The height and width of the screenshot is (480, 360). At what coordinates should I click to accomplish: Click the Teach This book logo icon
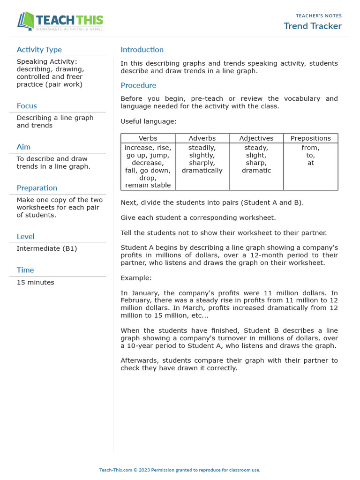[x=25, y=21]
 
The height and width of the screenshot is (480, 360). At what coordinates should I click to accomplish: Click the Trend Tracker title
[x=313, y=26]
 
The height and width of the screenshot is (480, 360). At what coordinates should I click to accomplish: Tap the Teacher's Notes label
[x=319, y=16]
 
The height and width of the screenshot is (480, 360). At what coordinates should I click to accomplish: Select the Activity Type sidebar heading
[x=39, y=50]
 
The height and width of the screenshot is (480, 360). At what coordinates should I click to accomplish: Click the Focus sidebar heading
[x=27, y=106]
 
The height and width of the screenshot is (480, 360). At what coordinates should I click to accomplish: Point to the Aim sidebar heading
[x=23, y=147]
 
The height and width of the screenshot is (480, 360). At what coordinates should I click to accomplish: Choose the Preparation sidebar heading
[x=37, y=188]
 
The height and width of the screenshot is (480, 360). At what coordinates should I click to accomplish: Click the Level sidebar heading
[x=25, y=237]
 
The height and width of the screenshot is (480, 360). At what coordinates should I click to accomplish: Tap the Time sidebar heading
[x=25, y=270]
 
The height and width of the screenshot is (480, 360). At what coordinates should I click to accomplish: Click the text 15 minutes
[x=35, y=282]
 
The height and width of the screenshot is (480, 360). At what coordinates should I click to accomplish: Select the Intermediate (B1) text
[x=46, y=248]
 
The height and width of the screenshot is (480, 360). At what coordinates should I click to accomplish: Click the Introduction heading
[x=142, y=50]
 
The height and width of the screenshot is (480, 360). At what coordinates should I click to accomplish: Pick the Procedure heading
[x=138, y=85]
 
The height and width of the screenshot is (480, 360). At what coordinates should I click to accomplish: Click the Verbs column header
[x=148, y=138]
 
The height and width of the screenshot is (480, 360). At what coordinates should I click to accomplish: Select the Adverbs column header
[x=202, y=138]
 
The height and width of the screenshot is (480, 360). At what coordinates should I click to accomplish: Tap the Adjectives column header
[x=256, y=138]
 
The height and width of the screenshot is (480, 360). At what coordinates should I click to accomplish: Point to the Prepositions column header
[x=310, y=138]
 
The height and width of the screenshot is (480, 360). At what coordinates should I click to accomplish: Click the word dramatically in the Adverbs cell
[x=202, y=171]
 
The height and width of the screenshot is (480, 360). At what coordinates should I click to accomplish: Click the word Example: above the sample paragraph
[x=136, y=278]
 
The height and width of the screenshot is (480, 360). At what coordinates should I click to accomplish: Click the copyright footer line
[x=180, y=470]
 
